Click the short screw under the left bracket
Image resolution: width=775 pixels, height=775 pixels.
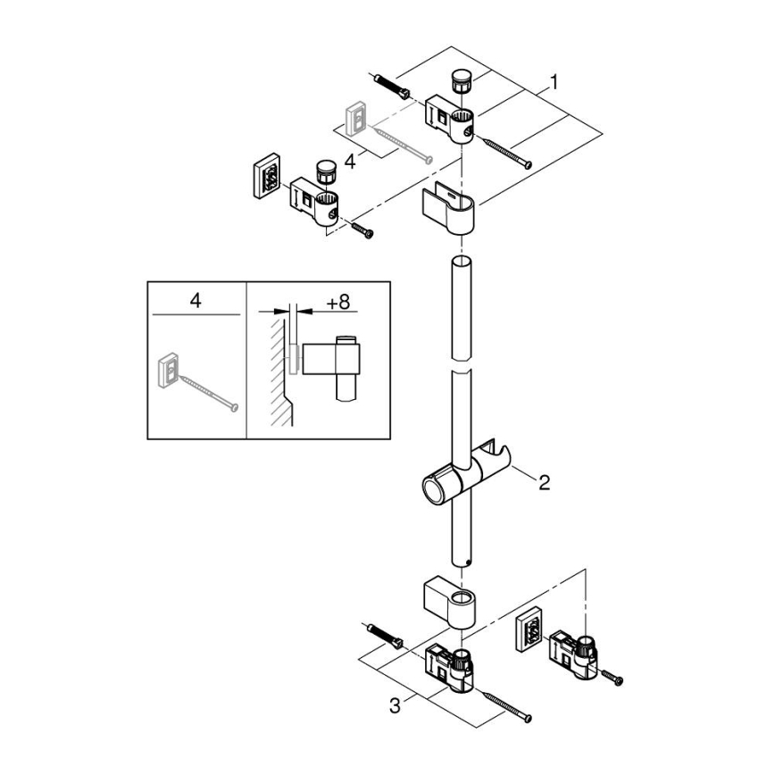(x=362, y=229)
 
